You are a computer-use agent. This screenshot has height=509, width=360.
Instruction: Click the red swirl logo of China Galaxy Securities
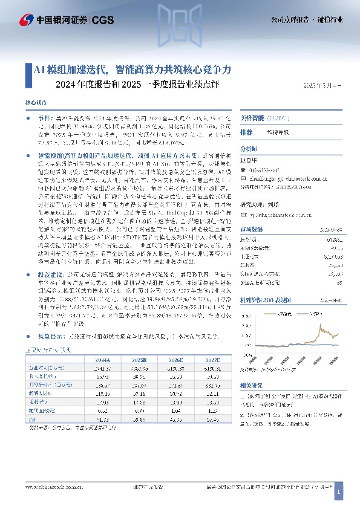click(27, 20)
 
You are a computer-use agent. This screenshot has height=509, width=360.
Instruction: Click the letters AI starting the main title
click(37, 70)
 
